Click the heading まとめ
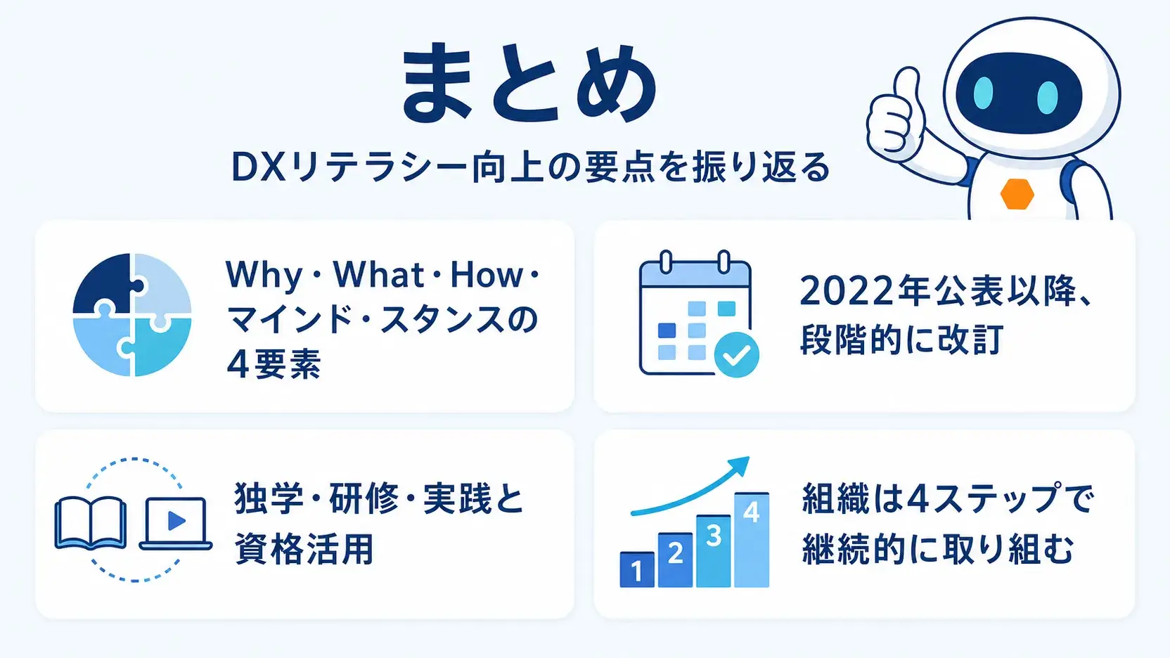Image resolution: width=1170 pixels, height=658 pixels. [x=529, y=84]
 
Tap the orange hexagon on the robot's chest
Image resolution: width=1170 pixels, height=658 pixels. [x=1017, y=194]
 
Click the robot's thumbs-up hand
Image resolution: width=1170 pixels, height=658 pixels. [x=894, y=112]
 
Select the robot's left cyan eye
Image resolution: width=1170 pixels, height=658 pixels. [x=983, y=94]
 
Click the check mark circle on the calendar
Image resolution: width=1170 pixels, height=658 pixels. [x=736, y=354]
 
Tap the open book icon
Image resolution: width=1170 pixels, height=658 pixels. [x=91, y=523]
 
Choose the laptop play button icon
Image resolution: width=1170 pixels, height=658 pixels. [x=176, y=524]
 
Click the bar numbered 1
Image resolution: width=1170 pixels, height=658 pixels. [x=637, y=569]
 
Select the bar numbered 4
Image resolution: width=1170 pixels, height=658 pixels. [x=751, y=540]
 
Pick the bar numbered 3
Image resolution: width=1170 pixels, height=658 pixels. [x=714, y=551]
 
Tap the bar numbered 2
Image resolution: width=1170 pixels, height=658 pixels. [x=676, y=560]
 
